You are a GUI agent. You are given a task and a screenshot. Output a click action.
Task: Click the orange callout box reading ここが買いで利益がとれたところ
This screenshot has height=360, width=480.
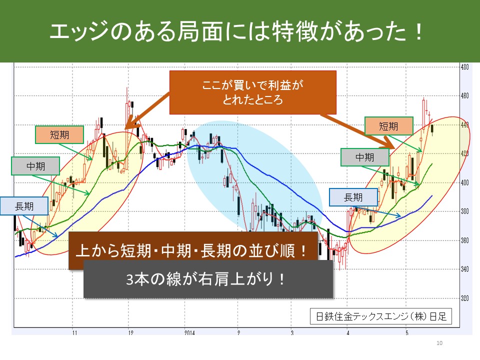(x=253, y=92)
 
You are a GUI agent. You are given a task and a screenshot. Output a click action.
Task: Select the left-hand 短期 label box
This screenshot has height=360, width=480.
(x=59, y=134)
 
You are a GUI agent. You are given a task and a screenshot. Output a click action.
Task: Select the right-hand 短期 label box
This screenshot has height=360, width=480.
(x=389, y=126)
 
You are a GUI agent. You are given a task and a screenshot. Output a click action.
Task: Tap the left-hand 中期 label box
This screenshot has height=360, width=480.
(x=35, y=166)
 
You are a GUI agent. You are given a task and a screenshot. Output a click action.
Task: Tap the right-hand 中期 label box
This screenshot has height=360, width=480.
(x=365, y=157)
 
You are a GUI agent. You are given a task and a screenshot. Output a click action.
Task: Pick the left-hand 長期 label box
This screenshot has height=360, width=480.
(x=24, y=206)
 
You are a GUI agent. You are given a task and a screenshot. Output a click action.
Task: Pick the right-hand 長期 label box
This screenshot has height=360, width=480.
(x=353, y=197)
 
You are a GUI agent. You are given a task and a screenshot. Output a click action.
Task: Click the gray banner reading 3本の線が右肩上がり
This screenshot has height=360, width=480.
(x=208, y=279)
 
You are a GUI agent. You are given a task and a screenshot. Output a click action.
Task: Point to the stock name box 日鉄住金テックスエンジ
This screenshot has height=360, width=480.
(x=381, y=316)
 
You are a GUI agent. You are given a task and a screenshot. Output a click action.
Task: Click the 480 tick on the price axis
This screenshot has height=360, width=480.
(x=464, y=67)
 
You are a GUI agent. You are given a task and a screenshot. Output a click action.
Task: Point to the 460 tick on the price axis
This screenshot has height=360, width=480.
(x=464, y=96)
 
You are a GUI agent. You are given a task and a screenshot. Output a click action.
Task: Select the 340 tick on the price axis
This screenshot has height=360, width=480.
(x=464, y=269)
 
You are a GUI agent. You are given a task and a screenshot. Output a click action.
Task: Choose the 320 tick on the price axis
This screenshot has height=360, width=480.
(x=464, y=298)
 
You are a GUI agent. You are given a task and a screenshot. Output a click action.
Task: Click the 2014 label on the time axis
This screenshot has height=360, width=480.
(x=189, y=332)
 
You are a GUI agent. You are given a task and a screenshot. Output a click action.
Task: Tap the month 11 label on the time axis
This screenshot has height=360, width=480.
(x=74, y=332)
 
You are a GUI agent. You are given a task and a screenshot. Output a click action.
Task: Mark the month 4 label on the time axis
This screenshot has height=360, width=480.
(x=348, y=332)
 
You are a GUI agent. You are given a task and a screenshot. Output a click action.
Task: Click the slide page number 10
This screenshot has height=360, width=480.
(x=439, y=343)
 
